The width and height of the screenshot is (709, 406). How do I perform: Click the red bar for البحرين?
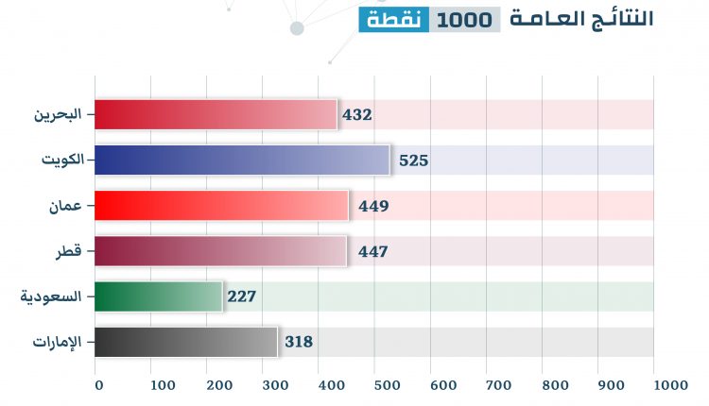216,114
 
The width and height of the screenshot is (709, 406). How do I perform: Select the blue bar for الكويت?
242,160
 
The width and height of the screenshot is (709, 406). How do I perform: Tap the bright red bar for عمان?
222,205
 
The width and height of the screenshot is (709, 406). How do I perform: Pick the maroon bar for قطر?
221,251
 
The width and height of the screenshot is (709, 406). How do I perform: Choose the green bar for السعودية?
159,296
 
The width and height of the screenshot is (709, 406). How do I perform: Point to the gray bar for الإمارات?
186,342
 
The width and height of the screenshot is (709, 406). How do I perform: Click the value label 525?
414,161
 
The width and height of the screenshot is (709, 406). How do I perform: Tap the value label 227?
242,296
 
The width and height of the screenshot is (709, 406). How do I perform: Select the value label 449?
373,206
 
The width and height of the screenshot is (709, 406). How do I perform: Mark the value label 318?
299,342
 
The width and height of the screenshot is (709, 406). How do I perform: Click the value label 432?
357,115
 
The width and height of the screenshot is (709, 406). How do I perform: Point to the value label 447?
373,251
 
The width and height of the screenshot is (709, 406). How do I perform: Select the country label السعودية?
52,296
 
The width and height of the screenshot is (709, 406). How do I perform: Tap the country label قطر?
72,251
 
